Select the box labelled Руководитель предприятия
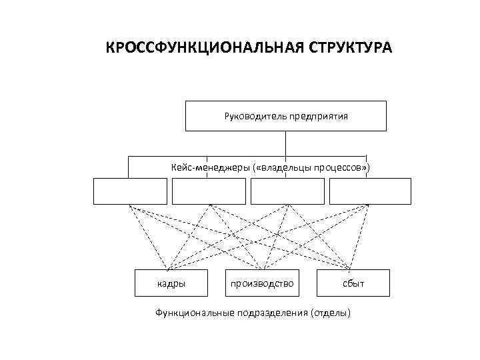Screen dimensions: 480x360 [285, 116]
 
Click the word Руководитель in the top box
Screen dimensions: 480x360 [255, 116]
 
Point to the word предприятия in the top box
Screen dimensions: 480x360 [318, 116]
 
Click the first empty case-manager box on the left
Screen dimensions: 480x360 [129, 191]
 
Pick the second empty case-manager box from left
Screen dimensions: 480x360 [209, 191]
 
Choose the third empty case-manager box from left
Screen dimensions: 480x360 [287, 191]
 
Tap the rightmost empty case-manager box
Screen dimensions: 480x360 [370, 191]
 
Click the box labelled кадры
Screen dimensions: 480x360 [171, 283]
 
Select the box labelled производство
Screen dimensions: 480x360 [262, 283]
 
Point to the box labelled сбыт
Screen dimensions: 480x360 [353, 283]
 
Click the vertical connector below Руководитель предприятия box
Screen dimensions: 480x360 [285, 143]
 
